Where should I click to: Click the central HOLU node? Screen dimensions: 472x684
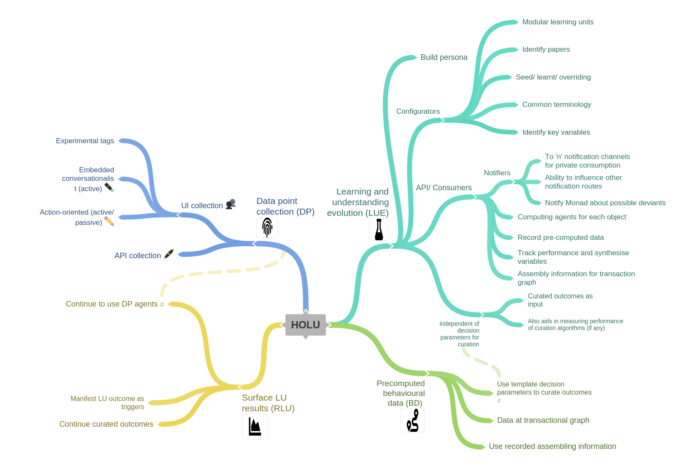pyautogui.click(x=305, y=325)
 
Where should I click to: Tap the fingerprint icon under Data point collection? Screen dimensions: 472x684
pyautogui.click(x=267, y=227)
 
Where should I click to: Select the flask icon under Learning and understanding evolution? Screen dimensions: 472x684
pyautogui.click(x=379, y=230)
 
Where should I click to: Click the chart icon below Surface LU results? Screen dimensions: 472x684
pyautogui.click(x=255, y=427)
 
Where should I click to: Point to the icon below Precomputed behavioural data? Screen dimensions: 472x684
pyautogui.click(x=413, y=420)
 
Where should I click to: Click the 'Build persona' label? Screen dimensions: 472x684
pyautogui.click(x=444, y=57)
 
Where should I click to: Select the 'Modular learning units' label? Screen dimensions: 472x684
pyautogui.click(x=557, y=22)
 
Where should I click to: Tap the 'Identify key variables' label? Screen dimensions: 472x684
pyautogui.click(x=556, y=133)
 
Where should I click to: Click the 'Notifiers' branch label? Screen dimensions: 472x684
pyautogui.click(x=497, y=173)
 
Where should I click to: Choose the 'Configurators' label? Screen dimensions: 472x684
pyautogui.click(x=418, y=112)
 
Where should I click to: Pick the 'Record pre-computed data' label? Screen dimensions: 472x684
pyautogui.click(x=560, y=238)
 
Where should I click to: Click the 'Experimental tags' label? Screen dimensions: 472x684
pyautogui.click(x=85, y=141)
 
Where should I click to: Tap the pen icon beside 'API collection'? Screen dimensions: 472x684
pyautogui.click(x=169, y=254)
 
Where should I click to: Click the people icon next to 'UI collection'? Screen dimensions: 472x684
pyautogui.click(x=230, y=204)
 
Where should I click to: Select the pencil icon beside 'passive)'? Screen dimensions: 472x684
pyautogui.click(x=109, y=221)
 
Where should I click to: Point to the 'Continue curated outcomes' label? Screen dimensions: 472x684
pyautogui.click(x=106, y=424)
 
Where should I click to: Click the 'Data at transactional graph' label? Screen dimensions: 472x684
pyautogui.click(x=543, y=420)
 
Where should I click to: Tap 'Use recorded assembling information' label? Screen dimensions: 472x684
pyautogui.click(x=552, y=446)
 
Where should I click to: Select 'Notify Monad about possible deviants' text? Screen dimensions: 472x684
pyautogui.click(x=605, y=203)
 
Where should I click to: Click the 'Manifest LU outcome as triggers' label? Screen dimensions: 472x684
pyautogui.click(x=107, y=403)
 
